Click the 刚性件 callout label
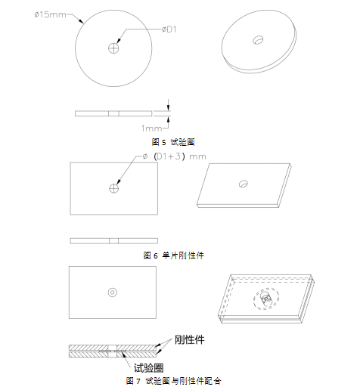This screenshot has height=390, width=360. pyautogui.click(x=189, y=339)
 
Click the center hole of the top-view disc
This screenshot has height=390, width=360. pyautogui.click(x=113, y=48)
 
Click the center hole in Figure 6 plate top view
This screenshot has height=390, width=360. pyautogui.click(x=113, y=188)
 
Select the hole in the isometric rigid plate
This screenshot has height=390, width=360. pyautogui.click(x=244, y=183)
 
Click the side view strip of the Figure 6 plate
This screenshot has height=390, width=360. pyautogui.click(x=113, y=240)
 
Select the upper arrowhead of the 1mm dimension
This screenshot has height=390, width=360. pyautogui.click(x=168, y=107)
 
